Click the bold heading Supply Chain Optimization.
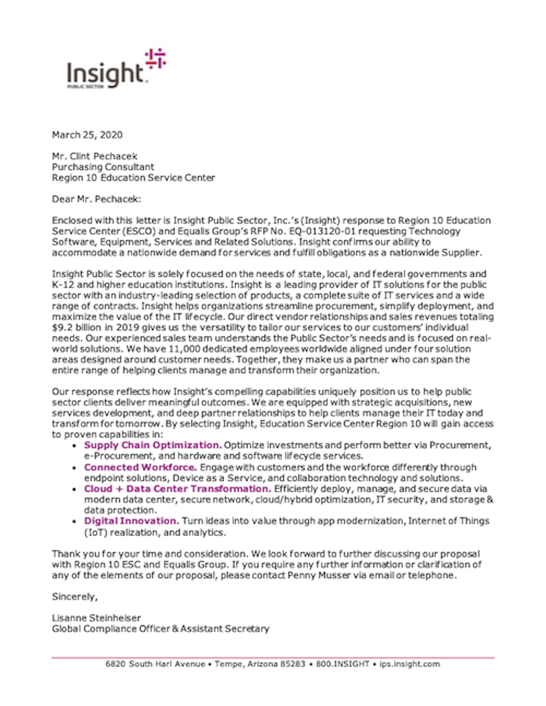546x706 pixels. tap(153, 445)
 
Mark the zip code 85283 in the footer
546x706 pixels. tap(292, 664)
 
